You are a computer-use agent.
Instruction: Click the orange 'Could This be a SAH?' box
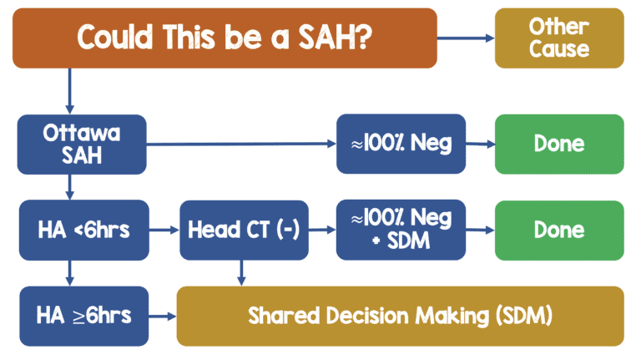[x=225, y=38]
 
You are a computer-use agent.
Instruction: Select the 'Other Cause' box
[x=559, y=38]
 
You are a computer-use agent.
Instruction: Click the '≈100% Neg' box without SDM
[x=401, y=144]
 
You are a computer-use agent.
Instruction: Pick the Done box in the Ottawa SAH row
[x=559, y=144]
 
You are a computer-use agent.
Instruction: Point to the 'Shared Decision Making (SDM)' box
[x=400, y=316]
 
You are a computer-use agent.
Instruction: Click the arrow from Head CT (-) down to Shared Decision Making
[x=241, y=272]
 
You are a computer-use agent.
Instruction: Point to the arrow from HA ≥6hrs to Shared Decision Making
[x=163, y=317]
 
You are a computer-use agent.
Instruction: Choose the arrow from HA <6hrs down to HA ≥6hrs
[x=68, y=272]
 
